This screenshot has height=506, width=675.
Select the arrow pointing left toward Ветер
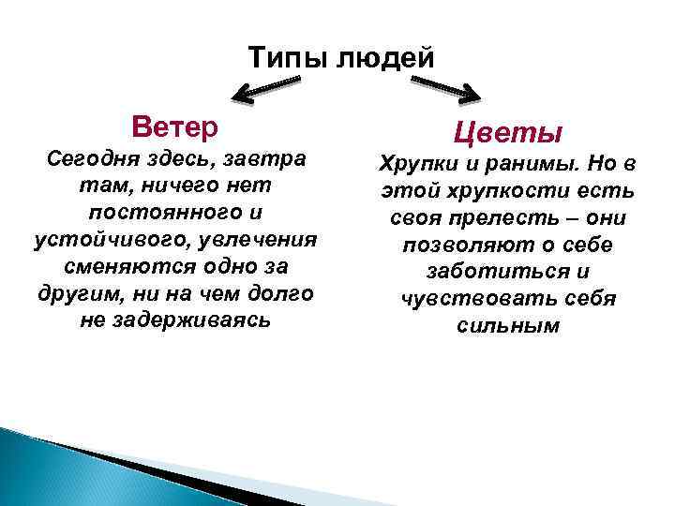[267, 87]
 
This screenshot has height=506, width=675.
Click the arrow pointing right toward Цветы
[444, 88]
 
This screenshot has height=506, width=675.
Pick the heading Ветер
[175, 126]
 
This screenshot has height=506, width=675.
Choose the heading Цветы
[508, 132]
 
